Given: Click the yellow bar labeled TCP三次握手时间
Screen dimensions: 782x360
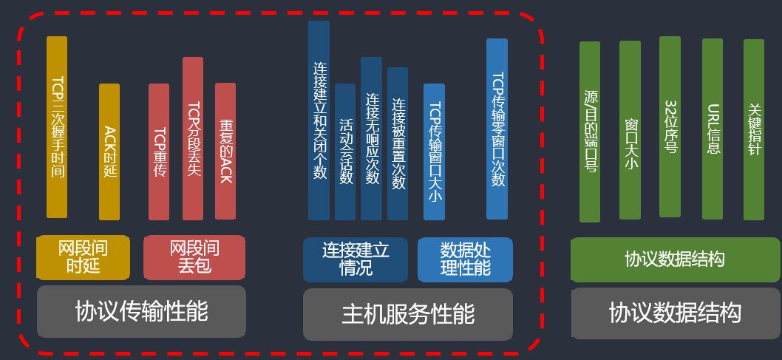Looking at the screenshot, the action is [57, 127].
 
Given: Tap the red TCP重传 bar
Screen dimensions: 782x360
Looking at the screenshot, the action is [159, 152].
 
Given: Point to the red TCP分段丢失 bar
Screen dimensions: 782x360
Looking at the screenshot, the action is [193, 138].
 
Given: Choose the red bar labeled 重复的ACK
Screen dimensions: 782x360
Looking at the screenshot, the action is [225, 151].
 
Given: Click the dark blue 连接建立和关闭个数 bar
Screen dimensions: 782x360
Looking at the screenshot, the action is [319, 120].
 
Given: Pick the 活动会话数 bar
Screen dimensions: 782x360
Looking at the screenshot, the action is [345, 152].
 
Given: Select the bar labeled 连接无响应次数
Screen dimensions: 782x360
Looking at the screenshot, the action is [371, 138].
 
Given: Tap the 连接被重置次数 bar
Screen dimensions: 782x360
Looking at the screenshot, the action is [398, 143].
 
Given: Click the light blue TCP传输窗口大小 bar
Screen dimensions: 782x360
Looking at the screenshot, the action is [435, 152].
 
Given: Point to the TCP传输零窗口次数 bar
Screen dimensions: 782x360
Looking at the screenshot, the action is [497, 129].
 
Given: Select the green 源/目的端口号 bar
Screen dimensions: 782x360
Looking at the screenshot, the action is [590, 132].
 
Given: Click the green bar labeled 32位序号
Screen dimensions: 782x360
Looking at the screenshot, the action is [670, 126].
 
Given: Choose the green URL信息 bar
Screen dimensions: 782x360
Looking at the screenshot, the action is [713, 129].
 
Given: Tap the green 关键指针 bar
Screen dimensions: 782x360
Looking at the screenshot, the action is [754, 129].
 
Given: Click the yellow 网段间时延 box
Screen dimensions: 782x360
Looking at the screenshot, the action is [83, 257].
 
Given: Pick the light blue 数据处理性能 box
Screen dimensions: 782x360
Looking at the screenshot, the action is [465, 259].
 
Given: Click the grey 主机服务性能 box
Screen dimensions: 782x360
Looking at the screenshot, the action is [408, 314].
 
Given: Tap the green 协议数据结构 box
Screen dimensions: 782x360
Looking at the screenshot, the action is [675, 259].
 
